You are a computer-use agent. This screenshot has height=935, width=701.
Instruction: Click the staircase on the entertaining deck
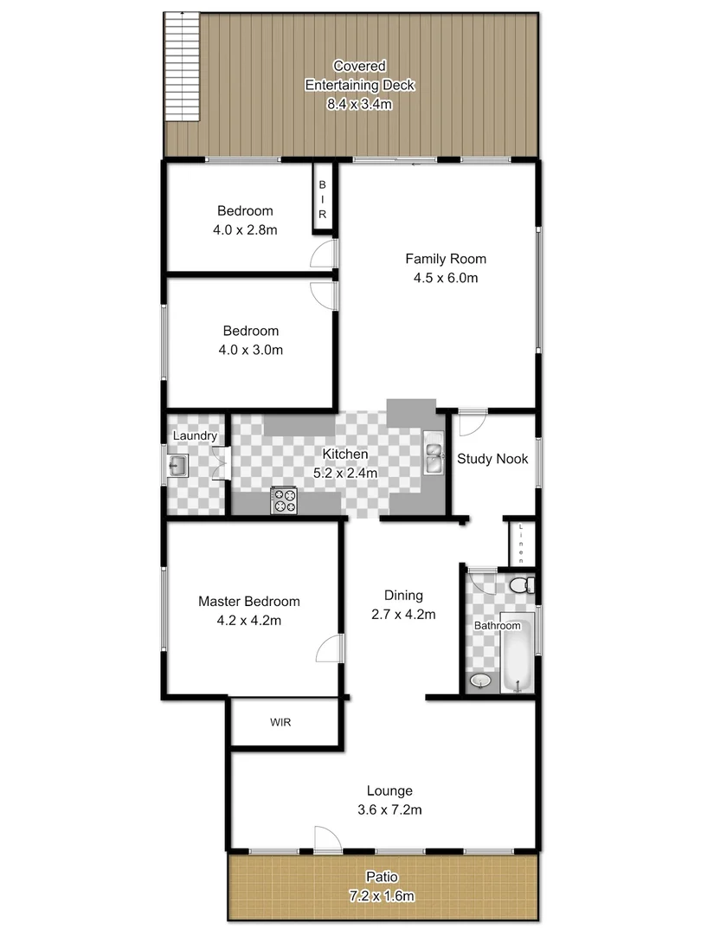(x=183, y=68)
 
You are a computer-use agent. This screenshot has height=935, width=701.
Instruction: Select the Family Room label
(x=446, y=258)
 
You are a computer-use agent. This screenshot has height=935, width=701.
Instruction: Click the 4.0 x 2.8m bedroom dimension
(x=245, y=230)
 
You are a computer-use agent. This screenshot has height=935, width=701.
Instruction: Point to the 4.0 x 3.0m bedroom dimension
(x=251, y=350)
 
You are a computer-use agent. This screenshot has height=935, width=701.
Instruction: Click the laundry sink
(x=179, y=467)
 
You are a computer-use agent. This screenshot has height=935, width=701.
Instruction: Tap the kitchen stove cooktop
(x=284, y=500)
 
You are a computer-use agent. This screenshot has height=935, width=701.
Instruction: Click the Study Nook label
(x=492, y=459)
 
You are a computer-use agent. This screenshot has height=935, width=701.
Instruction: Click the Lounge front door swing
(x=326, y=837)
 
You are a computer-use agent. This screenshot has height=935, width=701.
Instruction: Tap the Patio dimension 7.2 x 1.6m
(x=382, y=895)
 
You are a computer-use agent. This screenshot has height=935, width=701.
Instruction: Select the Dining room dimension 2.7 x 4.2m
(x=403, y=615)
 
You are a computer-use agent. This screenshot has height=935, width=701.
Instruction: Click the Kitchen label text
(x=345, y=455)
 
